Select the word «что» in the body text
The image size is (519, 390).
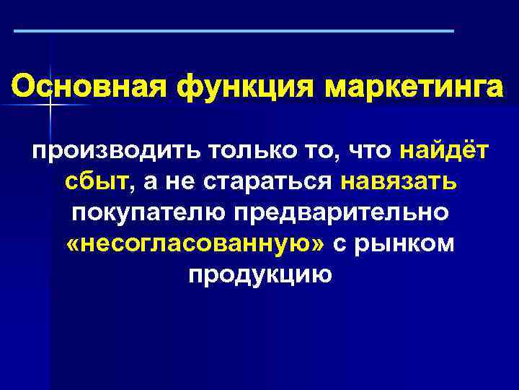click(x=369, y=151)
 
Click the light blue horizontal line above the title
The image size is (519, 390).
click(x=234, y=31)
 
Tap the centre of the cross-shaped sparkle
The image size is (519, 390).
click(x=50, y=106)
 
